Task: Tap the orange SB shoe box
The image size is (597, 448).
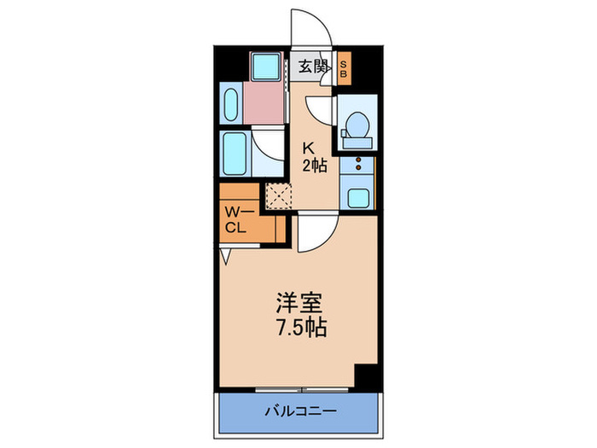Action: [344, 67]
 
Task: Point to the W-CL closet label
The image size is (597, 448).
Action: [236, 219]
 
